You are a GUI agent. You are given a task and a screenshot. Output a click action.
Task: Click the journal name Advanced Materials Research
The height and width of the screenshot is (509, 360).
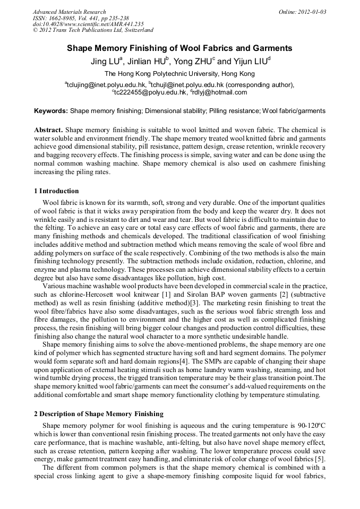click(70, 12)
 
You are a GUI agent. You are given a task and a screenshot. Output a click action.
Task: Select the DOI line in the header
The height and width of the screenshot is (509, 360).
click(88, 24)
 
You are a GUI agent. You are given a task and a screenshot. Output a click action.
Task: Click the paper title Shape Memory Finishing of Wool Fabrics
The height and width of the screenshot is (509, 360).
click(179, 48)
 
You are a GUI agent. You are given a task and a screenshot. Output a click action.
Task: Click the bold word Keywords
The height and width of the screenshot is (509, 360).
click(50, 111)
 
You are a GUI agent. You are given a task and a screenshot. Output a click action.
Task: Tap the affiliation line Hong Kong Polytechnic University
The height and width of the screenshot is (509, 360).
click(179, 74)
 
